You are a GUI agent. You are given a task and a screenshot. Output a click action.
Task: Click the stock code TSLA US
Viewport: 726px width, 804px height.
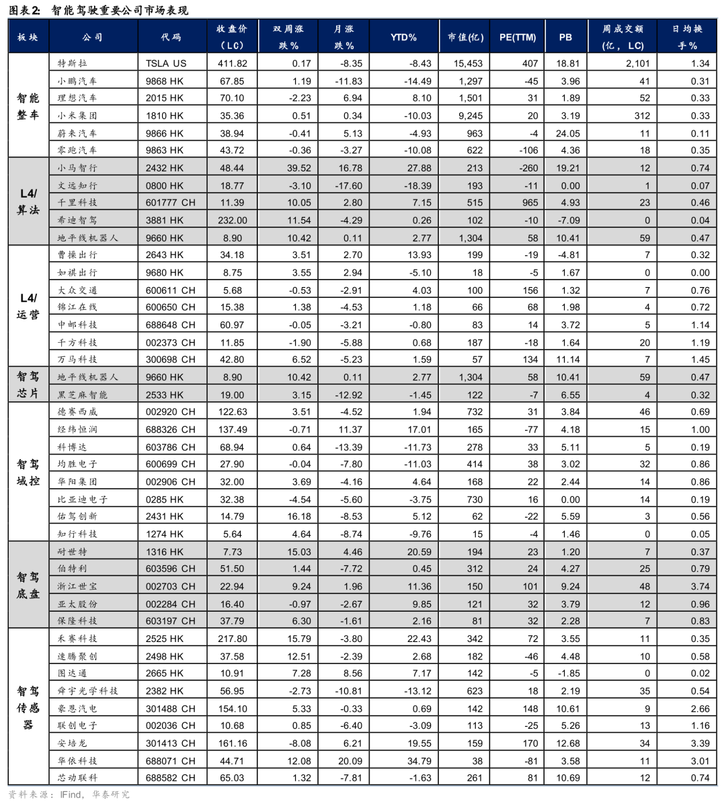click(166, 63)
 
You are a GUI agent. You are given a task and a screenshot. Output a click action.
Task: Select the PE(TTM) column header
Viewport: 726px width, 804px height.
click(517, 38)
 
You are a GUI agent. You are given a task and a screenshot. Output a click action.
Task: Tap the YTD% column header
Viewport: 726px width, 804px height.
click(403, 38)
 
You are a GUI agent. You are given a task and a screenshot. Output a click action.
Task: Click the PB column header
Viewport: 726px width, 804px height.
click(565, 38)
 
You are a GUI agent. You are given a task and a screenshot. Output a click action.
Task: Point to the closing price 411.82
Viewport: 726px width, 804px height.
click(233, 63)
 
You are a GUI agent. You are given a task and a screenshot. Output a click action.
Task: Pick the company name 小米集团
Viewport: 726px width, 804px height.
click(77, 116)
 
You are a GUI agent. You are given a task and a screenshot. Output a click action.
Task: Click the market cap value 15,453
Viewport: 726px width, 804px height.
click(468, 63)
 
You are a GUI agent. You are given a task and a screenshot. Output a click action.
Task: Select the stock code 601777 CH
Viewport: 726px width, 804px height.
click(171, 202)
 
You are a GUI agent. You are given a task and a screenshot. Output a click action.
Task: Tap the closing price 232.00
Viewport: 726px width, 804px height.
click(233, 220)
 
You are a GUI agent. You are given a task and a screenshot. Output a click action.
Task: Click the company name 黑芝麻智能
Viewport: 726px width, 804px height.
click(83, 395)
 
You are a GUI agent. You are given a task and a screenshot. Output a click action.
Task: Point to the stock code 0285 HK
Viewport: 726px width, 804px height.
click(165, 499)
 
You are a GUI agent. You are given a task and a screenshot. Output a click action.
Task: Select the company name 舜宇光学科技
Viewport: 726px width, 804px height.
click(87, 690)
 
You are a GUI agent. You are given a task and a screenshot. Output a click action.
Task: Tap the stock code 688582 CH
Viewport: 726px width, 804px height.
click(171, 778)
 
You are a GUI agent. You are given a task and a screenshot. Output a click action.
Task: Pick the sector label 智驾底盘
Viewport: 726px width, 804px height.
click(28, 586)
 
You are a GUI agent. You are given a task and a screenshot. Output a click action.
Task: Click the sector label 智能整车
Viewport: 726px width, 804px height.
click(28, 106)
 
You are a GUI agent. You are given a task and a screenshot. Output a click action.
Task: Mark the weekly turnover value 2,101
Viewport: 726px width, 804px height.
click(637, 63)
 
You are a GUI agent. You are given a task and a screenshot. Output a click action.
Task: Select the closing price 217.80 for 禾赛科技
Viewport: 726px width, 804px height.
click(233, 639)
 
